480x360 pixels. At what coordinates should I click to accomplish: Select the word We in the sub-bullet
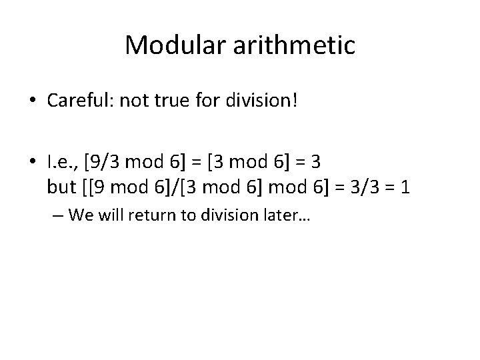point(77,215)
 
